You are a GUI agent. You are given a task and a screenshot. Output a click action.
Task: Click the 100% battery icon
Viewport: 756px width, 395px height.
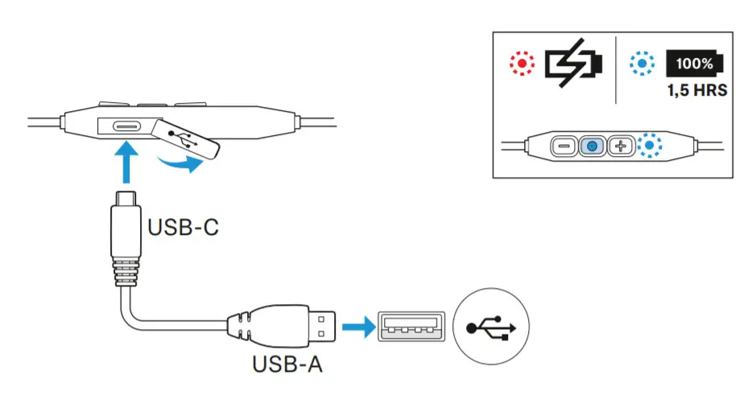(x=695, y=63)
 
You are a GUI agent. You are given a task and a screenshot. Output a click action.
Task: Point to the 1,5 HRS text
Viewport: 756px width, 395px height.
(x=696, y=90)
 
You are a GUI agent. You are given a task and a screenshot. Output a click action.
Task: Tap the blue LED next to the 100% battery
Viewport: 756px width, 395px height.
(x=642, y=64)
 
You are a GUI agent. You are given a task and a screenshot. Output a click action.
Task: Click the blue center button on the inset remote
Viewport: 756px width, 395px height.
(x=592, y=146)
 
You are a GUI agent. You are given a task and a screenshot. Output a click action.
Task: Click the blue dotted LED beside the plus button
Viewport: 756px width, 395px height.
(x=649, y=146)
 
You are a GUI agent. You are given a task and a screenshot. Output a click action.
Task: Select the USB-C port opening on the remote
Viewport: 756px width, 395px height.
(x=127, y=126)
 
